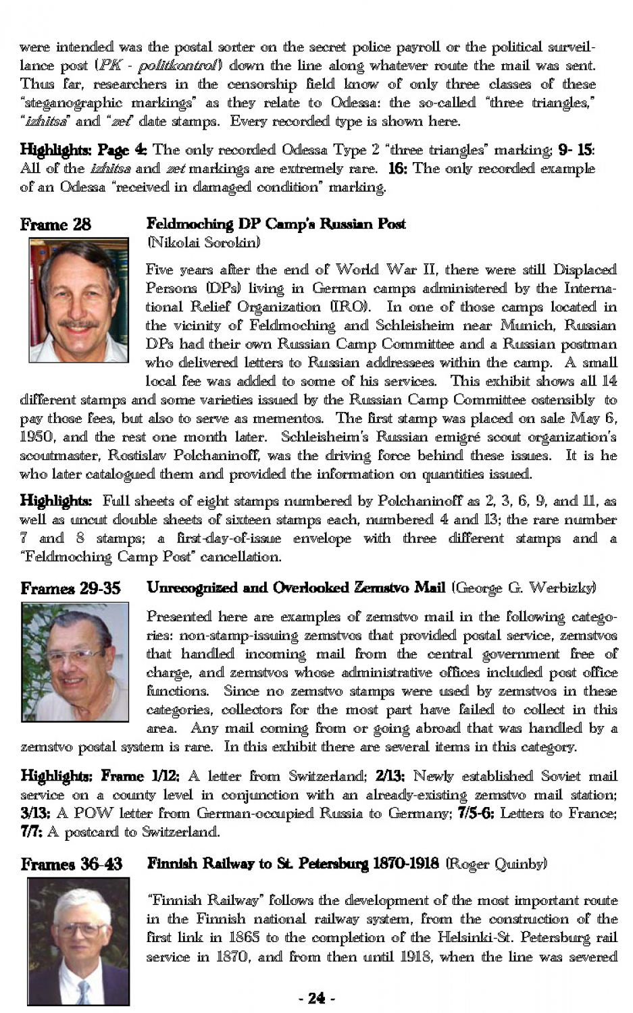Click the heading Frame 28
[55, 224]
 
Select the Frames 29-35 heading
[70, 588]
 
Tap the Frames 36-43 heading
[71, 864]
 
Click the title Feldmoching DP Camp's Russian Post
[276, 224]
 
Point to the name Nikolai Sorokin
[203, 242]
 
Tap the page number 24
[316, 998]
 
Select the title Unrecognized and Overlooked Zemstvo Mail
[296, 588]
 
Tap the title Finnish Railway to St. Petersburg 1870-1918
[293, 863]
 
